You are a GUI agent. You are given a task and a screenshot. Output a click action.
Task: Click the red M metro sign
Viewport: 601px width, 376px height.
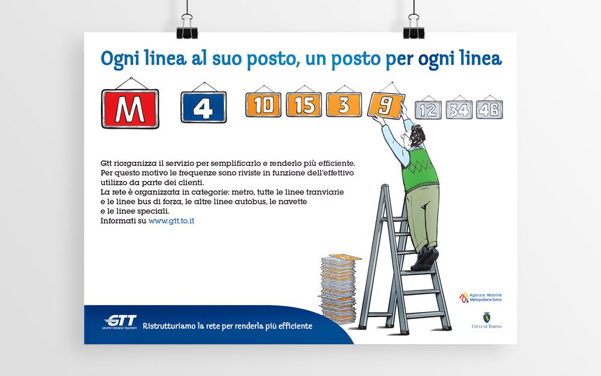[x=130, y=108]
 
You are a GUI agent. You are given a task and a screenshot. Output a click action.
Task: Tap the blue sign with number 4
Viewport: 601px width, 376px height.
[x=204, y=107]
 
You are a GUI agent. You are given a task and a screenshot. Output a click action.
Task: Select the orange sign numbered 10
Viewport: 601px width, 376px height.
[x=263, y=105]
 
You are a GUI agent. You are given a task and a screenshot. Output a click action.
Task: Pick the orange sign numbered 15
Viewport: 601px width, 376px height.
[x=304, y=105]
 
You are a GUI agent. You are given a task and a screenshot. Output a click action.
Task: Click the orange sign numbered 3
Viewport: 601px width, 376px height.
[x=344, y=105]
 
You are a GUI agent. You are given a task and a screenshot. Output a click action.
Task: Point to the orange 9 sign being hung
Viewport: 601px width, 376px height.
[x=385, y=105]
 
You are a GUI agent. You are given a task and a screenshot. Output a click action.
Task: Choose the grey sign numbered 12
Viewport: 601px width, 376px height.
[x=428, y=110]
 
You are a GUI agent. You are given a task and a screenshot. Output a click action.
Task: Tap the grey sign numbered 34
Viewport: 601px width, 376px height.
[x=459, y=110]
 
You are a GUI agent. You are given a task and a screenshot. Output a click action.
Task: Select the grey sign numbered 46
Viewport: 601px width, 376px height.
[x=489, y=109]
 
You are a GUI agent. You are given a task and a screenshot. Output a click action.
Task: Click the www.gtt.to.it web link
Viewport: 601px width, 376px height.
[x=171, y=221]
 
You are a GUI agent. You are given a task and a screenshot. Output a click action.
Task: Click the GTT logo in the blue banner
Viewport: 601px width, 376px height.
[x=120, y=321]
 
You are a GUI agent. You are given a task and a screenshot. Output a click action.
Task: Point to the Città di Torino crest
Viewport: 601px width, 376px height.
[x=487, y=318]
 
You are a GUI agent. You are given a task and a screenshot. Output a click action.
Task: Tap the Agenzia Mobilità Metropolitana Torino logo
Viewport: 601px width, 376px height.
[x=480, y=297]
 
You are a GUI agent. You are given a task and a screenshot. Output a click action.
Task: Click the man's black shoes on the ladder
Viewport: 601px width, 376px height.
[x=426, y=258]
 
